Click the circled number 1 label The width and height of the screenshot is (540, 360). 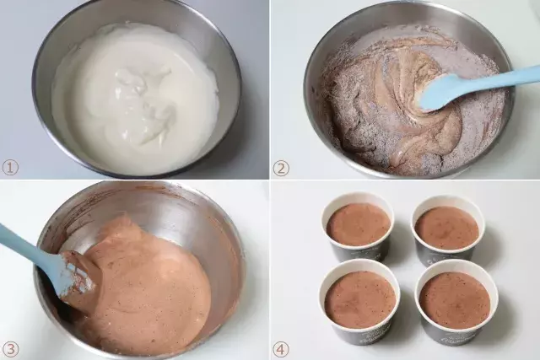click(11, 169)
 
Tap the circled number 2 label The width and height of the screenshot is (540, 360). click(281, 169)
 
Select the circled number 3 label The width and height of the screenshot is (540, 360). click(11, 349)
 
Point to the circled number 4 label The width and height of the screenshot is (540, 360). click(281, 349)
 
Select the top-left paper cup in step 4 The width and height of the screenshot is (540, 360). click(358, 227)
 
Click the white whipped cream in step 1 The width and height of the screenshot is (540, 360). click(136, 98)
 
